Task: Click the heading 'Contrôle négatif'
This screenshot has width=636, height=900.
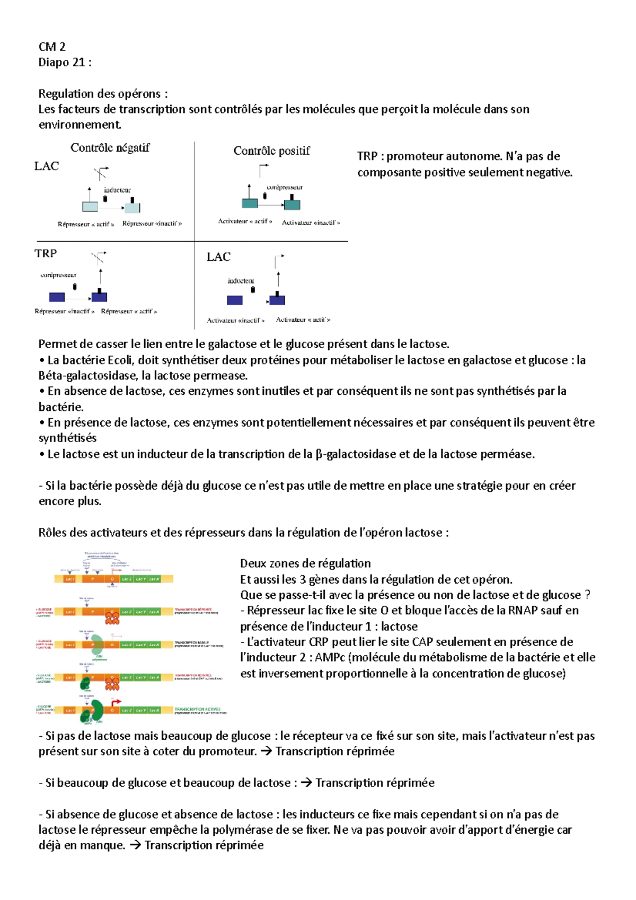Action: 110,148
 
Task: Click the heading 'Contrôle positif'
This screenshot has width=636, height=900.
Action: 271,151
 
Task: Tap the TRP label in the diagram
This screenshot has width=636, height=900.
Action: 46,253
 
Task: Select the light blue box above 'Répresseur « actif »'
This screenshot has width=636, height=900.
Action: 90,206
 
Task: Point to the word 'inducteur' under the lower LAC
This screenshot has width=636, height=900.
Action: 241,281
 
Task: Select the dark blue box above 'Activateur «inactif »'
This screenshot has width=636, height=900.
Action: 235,301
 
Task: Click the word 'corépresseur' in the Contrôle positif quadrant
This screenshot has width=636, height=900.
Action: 285,187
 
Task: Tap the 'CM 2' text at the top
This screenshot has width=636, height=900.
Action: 52,47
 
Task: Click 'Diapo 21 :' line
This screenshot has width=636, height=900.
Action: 65,63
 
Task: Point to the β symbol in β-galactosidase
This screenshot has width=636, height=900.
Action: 319,454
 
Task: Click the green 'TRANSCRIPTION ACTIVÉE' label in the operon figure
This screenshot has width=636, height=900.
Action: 197,709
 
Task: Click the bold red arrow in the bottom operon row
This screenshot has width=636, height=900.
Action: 114,703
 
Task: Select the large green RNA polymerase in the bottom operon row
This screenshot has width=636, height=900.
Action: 98,710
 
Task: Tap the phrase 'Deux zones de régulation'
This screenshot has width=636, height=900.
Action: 305,563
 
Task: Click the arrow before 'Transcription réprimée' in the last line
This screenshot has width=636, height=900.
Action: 135,845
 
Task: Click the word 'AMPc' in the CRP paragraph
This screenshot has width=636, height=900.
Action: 330,658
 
